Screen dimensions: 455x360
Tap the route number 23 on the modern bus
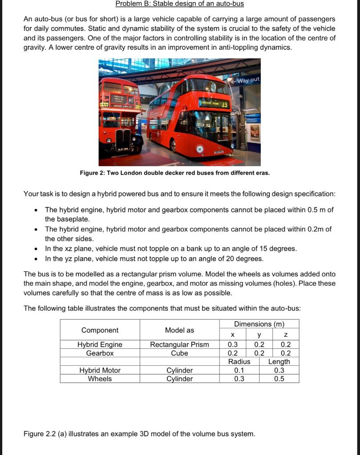225,105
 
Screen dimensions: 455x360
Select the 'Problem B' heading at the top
180,4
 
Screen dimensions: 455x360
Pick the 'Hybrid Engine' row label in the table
100,344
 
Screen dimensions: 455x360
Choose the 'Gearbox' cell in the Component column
100,353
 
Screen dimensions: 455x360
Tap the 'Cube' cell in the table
180,353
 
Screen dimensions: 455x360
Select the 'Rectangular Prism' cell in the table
180,344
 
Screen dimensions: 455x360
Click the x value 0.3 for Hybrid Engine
232,344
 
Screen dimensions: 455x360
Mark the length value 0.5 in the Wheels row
279,379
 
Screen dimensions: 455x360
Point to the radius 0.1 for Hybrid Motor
239,370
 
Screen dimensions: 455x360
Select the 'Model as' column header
180,330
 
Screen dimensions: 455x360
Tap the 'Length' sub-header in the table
279,362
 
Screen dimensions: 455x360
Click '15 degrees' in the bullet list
278,249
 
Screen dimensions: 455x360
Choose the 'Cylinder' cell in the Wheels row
180,379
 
